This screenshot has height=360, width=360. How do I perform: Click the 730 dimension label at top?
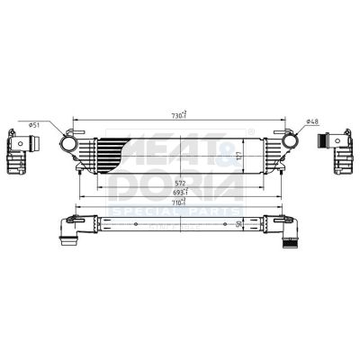pos(178,113)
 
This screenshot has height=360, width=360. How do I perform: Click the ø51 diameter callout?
pos(32,124)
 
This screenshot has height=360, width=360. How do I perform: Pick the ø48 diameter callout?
pos(312,121)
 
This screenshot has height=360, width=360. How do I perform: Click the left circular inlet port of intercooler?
pos(69,143)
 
